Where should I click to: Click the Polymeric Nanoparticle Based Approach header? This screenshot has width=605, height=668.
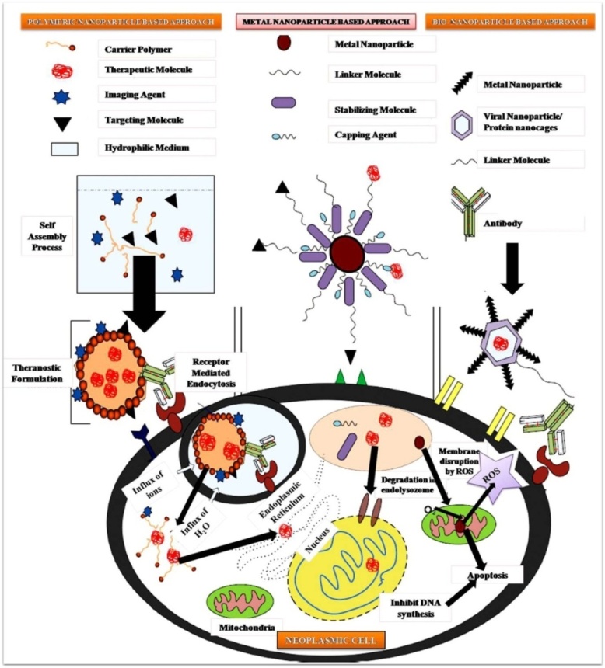(x=111, y=19)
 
